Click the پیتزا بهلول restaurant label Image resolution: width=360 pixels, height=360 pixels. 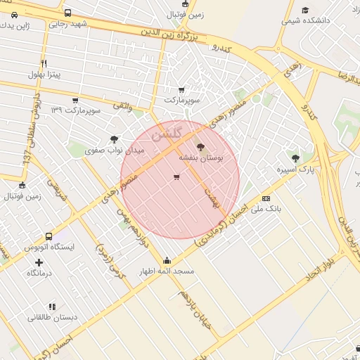coord(45,74)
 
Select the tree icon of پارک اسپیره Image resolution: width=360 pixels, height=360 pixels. coord(295,157)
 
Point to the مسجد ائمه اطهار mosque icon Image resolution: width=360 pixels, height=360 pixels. coord(167,259)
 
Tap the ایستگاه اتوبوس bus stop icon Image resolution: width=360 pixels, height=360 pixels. coord(49,237)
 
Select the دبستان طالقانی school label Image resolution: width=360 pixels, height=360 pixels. coord(53,317)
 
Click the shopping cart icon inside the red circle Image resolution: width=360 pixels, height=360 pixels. coord(176,177)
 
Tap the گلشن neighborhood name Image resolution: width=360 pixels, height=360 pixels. coord(167,134)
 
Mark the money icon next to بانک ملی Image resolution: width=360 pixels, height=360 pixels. coord(266,198)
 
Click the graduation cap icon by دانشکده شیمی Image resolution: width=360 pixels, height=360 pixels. coord(305,10)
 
